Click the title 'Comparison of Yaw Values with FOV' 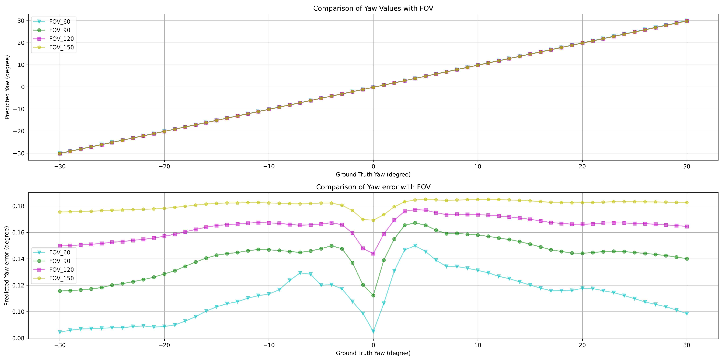click(373, 8)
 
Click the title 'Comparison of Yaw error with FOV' click(373, 187)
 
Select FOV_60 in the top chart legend click(59, 22)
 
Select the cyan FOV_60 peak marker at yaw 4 click(415, 246)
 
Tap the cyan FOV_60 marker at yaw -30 click(60, 332)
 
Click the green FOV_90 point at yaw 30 click(687, 259)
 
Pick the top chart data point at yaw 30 click(687, 21)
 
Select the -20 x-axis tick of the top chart click(164, 166)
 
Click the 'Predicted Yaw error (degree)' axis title click(7, 266)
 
